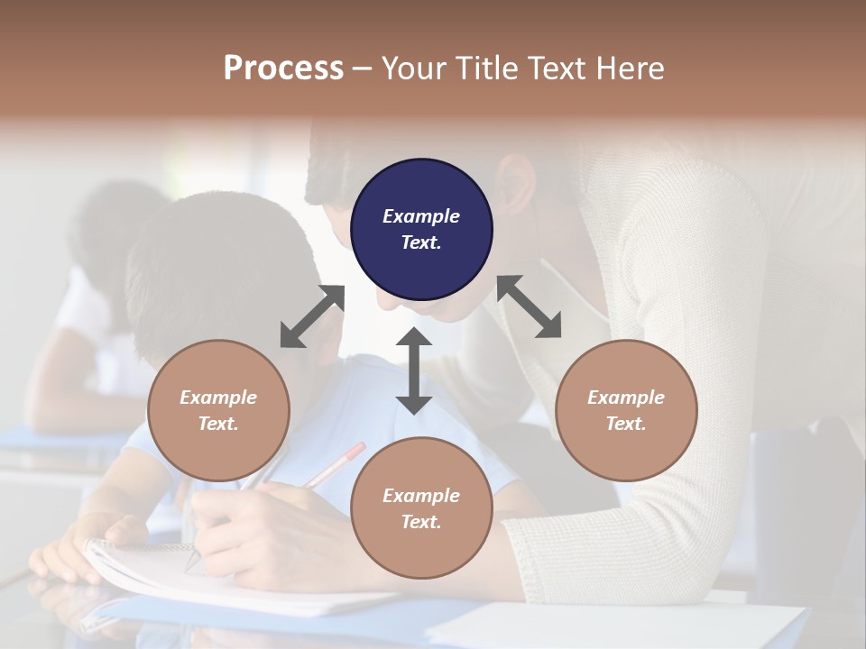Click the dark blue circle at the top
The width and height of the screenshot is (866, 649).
(x=421, y=230)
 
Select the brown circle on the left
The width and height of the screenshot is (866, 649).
(x=218, y=410)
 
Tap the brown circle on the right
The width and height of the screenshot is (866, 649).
(x=626, y=410)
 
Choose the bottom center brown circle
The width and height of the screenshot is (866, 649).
(x=421, y=508)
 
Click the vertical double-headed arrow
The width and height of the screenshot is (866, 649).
(x=414, y=370)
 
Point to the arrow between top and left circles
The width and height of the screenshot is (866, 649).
(x=312, y=316)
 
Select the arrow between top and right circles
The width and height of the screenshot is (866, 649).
(x=530, y=306)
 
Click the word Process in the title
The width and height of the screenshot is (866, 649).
(x=283, y=68)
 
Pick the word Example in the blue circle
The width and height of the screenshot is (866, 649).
(x=421, y=216)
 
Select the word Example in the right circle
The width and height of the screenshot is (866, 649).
(x=626, y=398)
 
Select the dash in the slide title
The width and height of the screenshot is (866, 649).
(x=361, y=69)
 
